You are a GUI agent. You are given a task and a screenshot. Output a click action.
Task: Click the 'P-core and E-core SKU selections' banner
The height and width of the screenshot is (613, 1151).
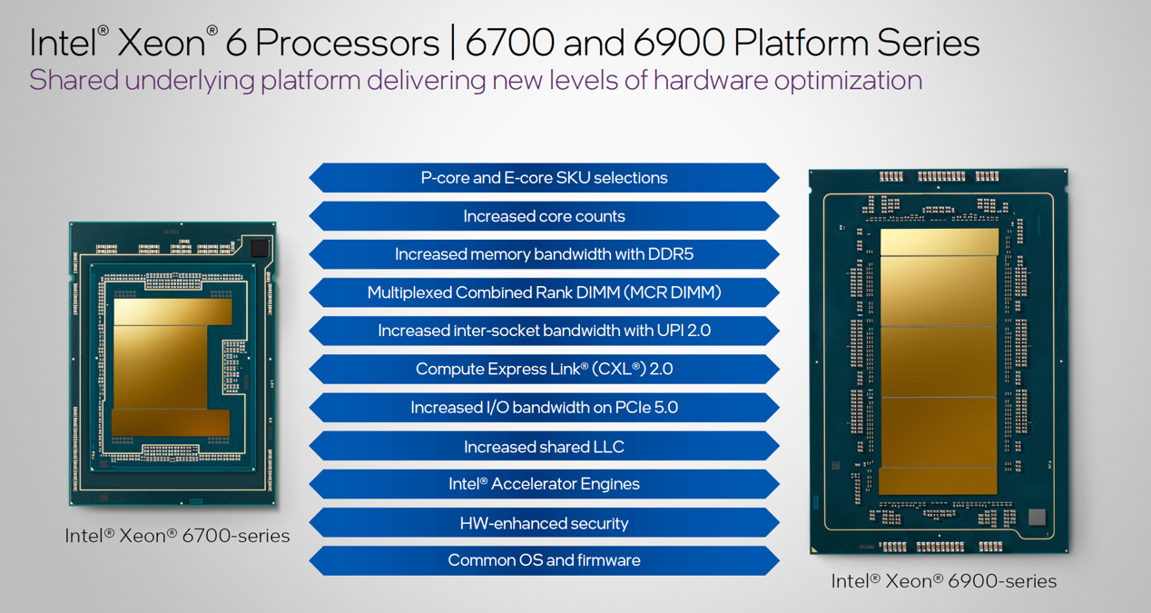[x=544, y=178]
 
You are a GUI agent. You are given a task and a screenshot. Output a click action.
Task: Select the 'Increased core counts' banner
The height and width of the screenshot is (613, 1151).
[x=544, y=216]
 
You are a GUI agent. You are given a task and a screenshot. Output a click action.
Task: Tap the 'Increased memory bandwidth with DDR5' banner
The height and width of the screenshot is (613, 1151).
[x=544, y=254]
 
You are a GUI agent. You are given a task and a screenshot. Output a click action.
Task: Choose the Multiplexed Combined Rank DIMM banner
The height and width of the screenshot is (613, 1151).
[x=544, y=292]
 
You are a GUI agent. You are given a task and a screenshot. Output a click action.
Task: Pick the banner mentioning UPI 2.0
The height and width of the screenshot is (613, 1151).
[x=544, y=331]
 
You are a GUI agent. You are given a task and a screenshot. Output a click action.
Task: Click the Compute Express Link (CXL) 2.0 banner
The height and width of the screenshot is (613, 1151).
[x=544, y=369]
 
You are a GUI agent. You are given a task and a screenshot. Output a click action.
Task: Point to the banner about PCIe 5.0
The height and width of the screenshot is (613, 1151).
[x=544, y=408]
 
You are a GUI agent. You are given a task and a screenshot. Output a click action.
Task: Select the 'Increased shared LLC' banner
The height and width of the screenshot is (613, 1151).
[x=544, y=447]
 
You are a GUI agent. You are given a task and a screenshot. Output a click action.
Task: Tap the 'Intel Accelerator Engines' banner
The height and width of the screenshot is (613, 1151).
[x=544, y=484]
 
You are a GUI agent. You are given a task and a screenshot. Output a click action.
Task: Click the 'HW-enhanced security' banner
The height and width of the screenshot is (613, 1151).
[x=544, y=523]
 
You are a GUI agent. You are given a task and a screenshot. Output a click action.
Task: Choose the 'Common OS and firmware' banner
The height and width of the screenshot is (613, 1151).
[x=544, y=560]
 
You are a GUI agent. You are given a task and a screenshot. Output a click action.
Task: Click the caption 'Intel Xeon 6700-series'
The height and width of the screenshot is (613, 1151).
[x=177, y=536]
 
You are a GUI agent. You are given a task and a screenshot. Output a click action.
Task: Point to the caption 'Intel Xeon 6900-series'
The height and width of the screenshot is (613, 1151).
[x=943, y=581]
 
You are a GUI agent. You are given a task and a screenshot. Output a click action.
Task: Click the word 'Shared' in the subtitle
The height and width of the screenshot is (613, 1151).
[x=74, y=81]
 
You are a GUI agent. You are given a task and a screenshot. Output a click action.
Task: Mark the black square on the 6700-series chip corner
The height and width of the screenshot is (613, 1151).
[x=260, y=247]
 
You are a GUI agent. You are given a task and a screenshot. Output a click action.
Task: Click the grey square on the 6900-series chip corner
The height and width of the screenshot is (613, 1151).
[x=1037, y=518]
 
